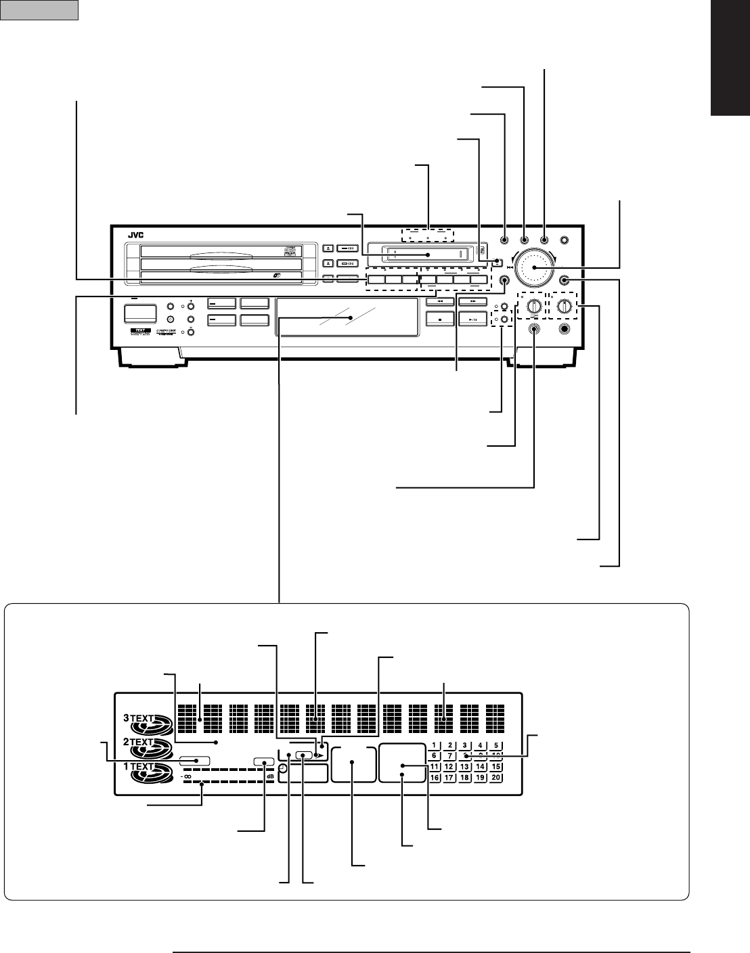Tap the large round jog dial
534,267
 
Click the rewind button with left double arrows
439,301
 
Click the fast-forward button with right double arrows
472,301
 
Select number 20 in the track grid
495,778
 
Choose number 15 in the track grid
495,767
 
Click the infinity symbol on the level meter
186,777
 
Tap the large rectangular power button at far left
139,314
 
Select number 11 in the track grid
436,767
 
